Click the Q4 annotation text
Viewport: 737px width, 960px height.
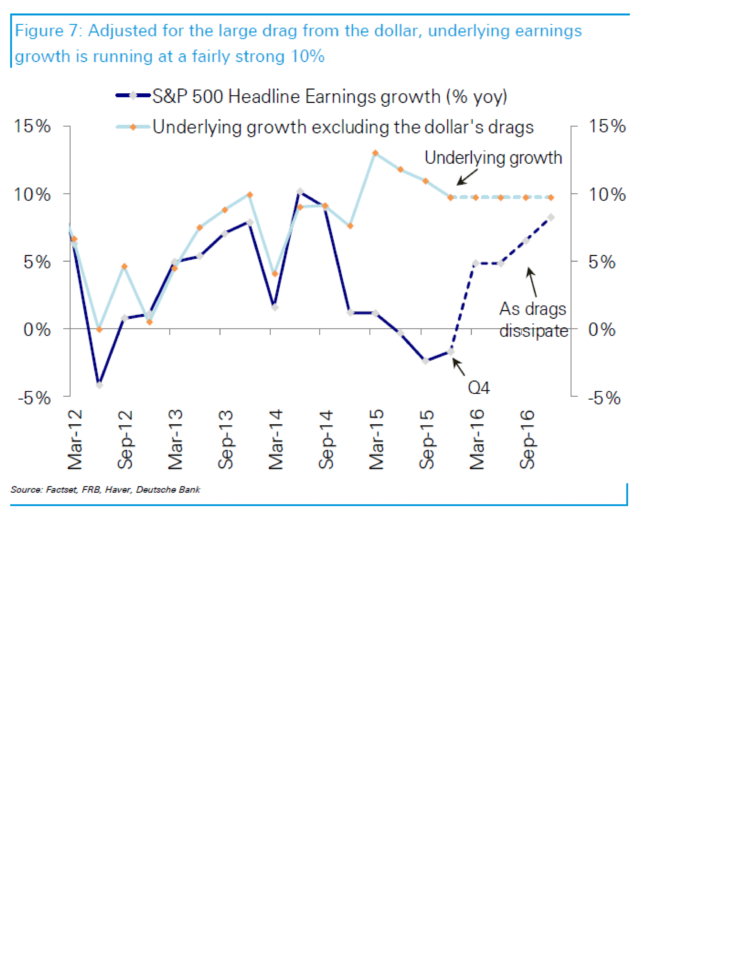[x=479, y=388]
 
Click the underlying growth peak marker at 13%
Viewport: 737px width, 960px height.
[x=376, y=153]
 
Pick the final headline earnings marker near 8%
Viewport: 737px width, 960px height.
[x=551, y=217]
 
